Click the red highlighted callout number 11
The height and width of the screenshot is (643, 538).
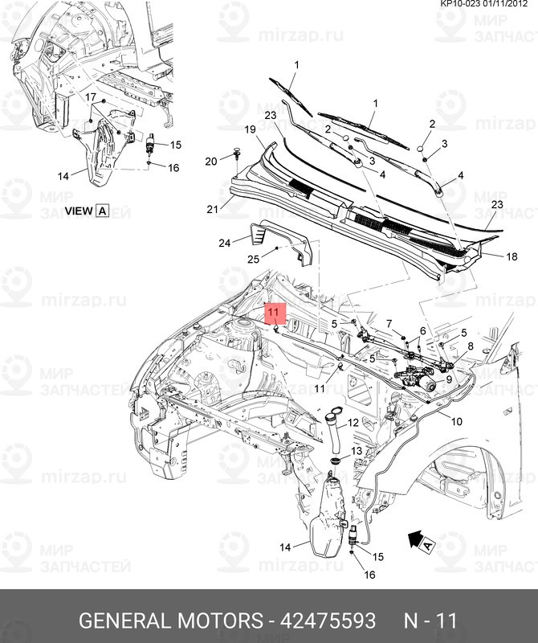tap(275, 311)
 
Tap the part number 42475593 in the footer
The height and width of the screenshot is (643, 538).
tap(328, 620)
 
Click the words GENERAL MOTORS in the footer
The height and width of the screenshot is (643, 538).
tap(170, 620)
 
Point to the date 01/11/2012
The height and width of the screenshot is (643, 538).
tap(510, 5)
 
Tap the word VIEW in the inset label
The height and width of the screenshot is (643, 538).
tap(78, 211)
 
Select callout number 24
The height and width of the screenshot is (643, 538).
tap(225, 242)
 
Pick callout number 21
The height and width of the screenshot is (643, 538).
tap(213, 210)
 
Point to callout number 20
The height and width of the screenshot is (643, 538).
tap(210, 161)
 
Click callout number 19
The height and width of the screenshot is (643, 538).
tap(249, 129)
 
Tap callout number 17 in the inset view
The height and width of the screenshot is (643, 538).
tap(91, 98)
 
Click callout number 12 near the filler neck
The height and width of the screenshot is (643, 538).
tap(353, 412)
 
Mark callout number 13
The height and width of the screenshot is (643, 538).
tap(357, 452)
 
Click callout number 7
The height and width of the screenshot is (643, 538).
tap(389, 323)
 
